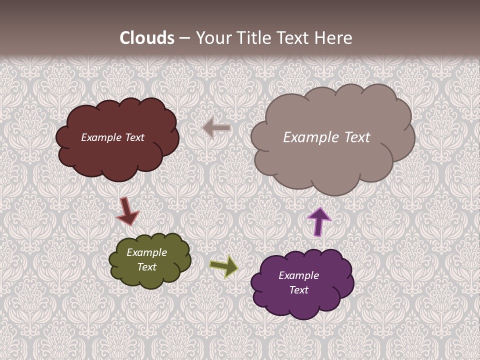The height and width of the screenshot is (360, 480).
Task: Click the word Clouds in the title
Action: point(147,38)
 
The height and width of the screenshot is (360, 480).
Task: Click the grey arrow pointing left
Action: point(216,128)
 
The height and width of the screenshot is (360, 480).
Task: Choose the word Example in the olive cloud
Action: point(146,252)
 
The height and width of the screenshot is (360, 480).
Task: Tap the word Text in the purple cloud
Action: point(298,290)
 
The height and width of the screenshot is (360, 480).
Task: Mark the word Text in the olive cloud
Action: point(146,267)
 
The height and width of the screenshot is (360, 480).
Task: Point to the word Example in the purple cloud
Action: point(298,275)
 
